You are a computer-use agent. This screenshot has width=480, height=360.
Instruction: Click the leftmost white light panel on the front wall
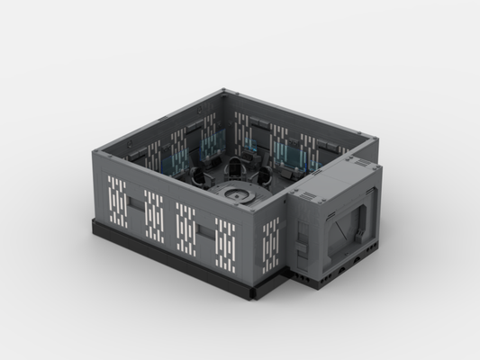[117, 201]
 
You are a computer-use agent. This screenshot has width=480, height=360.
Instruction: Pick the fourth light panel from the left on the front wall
[226, 239]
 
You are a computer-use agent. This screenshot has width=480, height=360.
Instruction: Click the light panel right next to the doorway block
[270, 243]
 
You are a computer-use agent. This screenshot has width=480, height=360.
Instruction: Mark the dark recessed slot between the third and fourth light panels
[206, 232]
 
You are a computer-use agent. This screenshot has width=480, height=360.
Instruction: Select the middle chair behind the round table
[237, 166]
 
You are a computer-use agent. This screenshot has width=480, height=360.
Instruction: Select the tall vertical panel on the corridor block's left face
[307, 234]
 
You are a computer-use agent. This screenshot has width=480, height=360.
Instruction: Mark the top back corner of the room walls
[224, 90]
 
